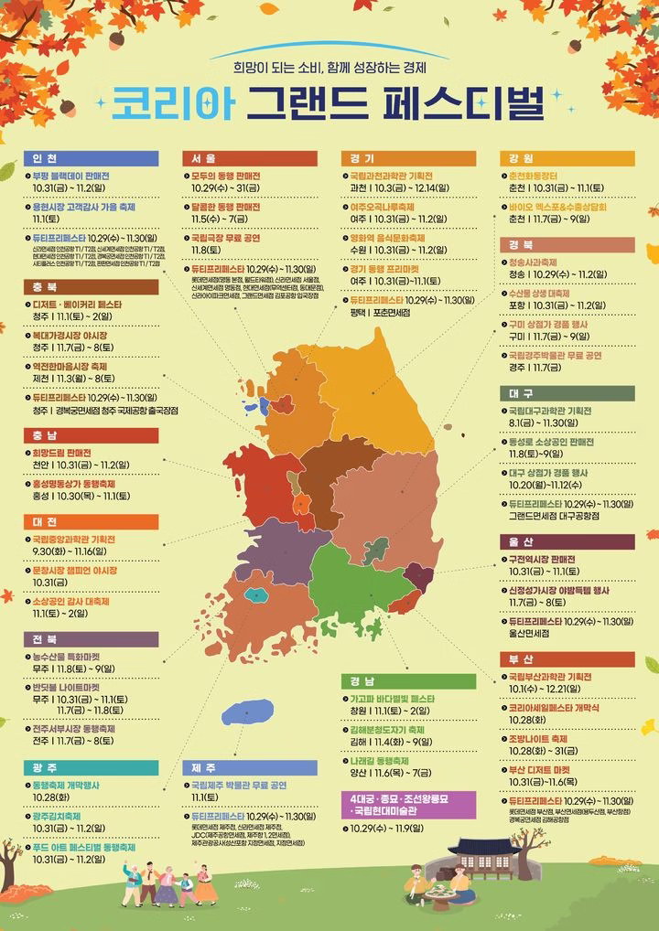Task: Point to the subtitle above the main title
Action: (329, 66)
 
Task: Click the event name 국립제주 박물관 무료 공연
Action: (239, 786)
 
